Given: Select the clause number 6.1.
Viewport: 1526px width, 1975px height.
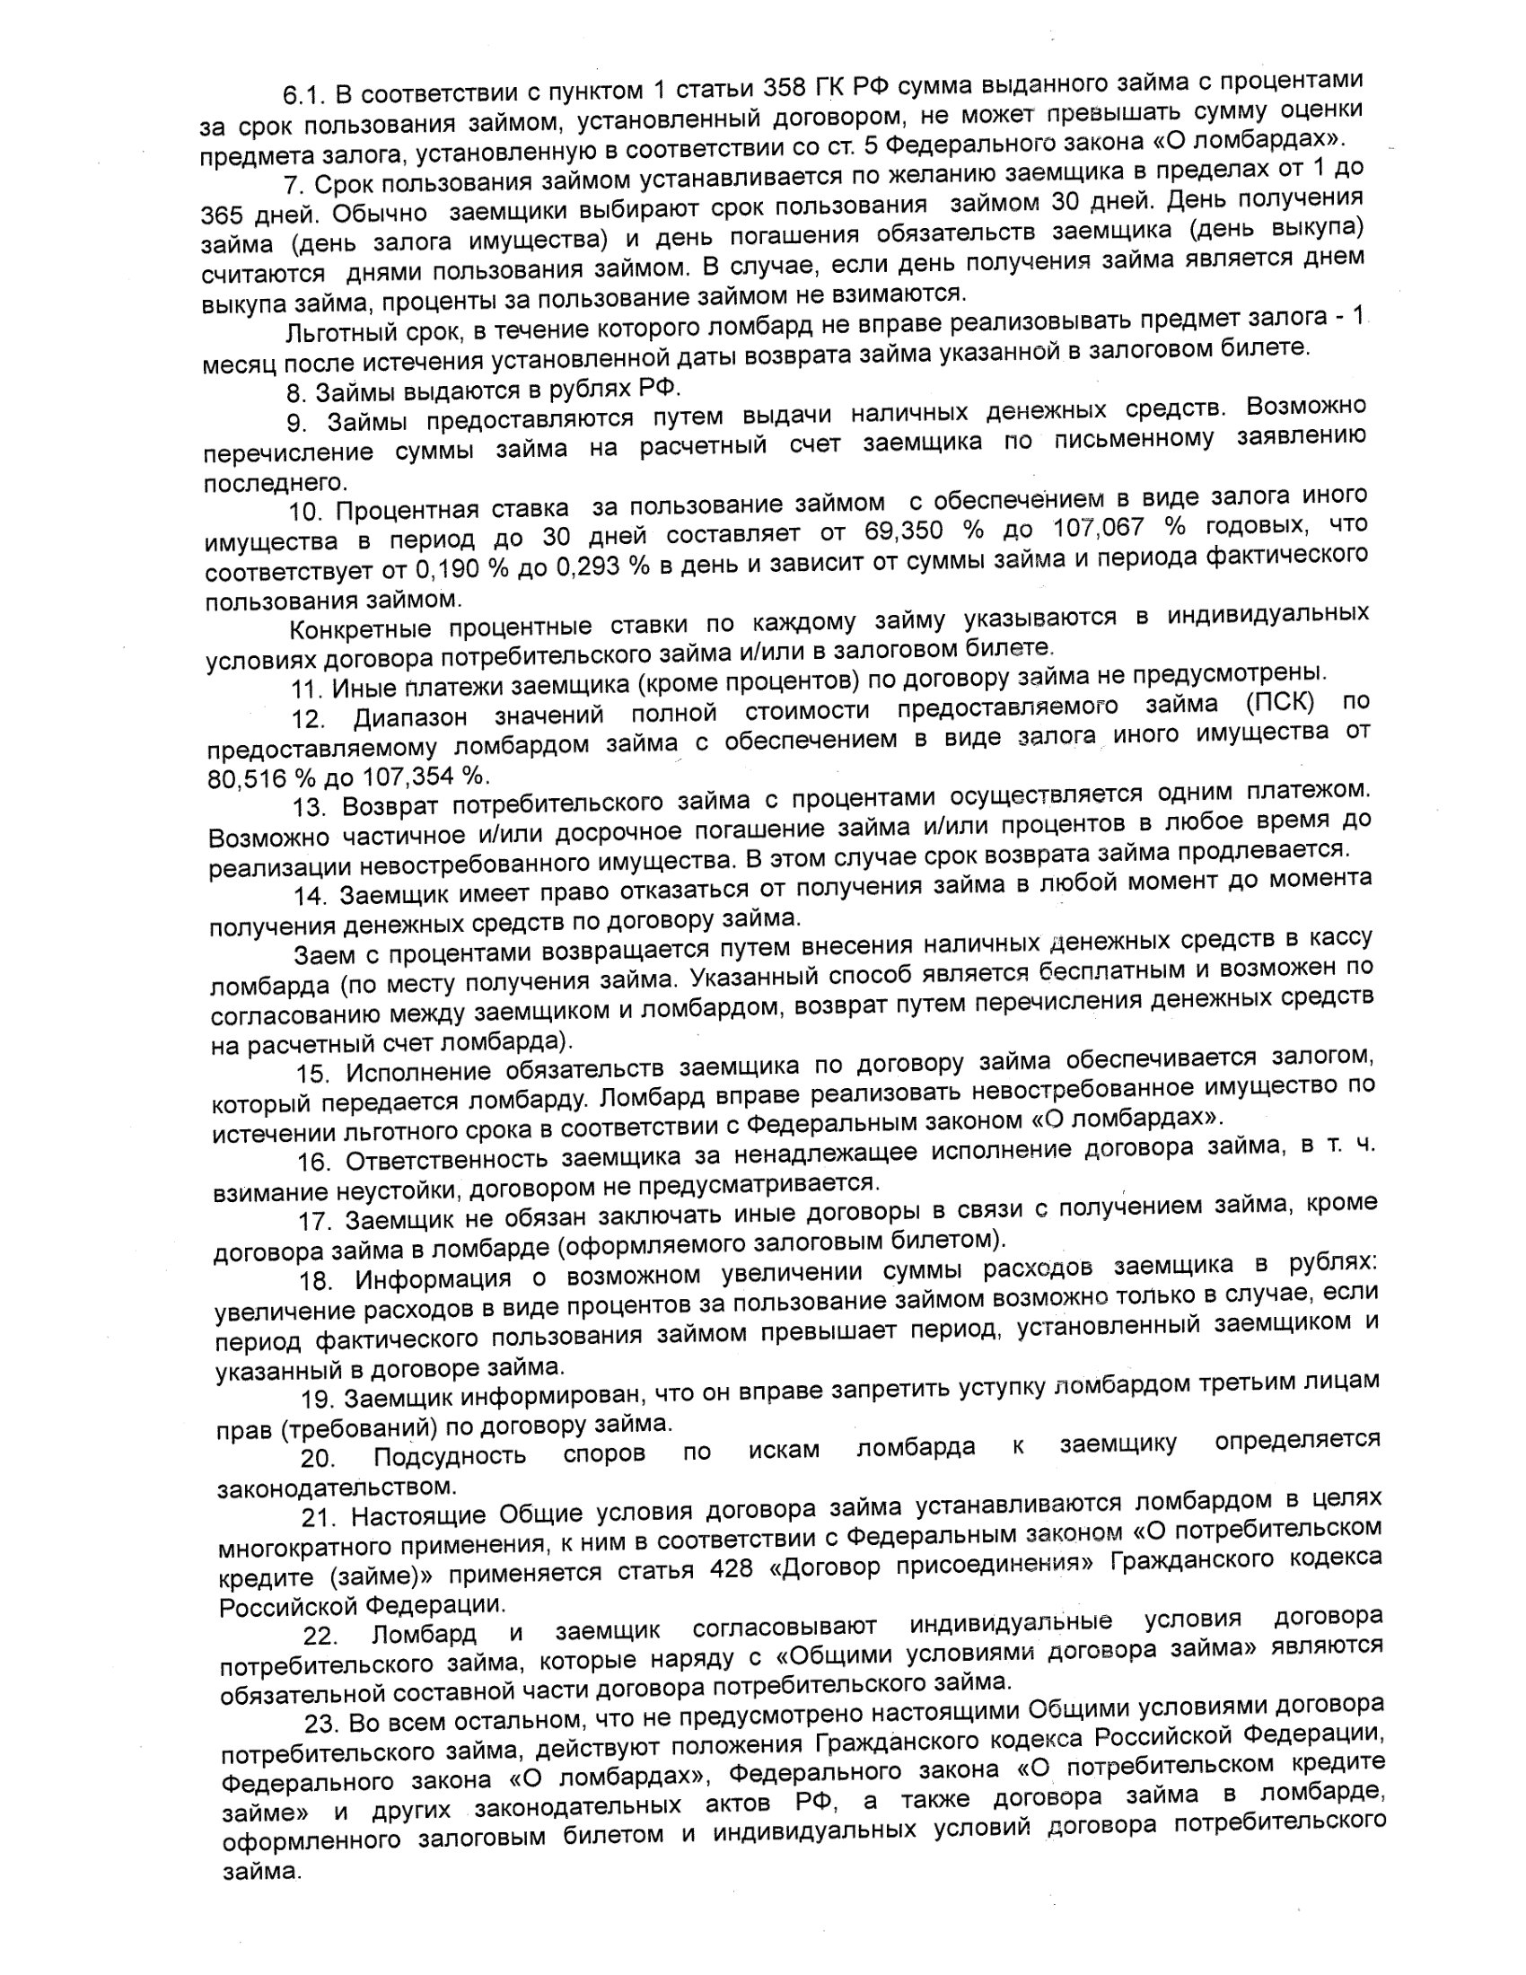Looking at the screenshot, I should (x=303, y=94).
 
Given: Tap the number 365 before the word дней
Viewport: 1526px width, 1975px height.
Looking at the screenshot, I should (x=222, y=216).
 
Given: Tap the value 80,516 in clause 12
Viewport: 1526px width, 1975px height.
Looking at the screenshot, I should (x=244, y=778).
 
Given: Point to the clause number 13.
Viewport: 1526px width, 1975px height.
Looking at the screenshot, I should (x=309, y=806).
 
